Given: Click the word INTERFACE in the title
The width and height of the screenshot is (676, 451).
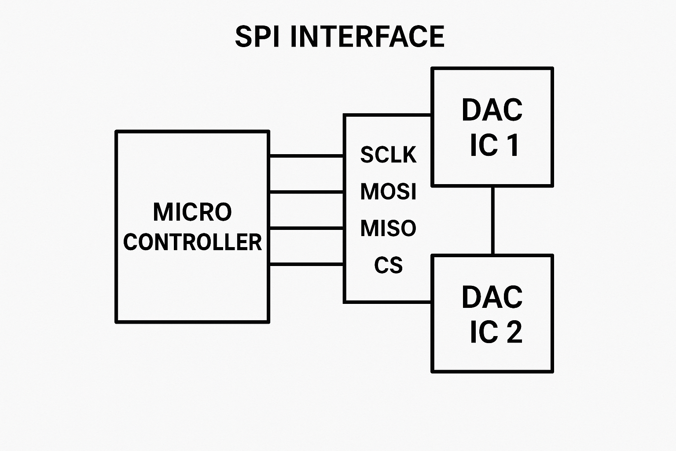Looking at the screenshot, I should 367,37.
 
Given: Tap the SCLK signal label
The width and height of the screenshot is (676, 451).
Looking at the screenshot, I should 388,155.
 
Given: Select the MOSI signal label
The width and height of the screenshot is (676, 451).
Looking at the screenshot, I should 388,192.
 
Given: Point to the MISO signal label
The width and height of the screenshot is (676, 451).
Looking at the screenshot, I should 388,228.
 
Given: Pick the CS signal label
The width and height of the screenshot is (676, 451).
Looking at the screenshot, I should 388,265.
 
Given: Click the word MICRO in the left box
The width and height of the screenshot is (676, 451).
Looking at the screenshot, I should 192,212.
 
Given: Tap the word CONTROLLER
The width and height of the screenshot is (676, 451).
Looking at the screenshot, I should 192,242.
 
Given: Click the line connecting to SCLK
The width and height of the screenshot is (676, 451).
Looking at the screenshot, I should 306,155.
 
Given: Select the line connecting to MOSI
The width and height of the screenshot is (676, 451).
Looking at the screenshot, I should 306,192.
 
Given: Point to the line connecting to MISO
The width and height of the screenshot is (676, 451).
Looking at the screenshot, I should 306,228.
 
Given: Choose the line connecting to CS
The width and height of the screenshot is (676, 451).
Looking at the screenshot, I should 306,264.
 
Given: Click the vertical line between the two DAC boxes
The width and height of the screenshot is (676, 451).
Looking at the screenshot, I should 493,221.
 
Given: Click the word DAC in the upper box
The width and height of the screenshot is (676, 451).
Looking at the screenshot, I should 492,110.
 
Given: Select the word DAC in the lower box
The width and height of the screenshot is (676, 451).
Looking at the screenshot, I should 492,297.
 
